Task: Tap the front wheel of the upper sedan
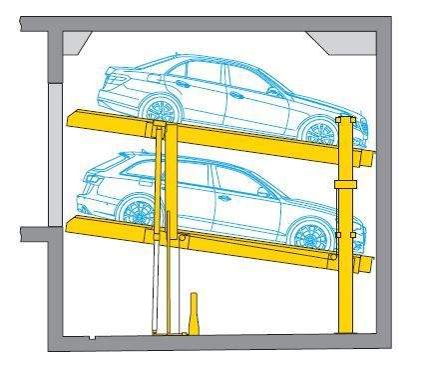pyautogui.click(x=318, y=132)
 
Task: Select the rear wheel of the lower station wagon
pyautogui.click(x=135, y=211)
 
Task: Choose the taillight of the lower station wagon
pyautogui.click(x=90, y=181)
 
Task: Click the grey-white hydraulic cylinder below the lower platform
pyautogui.click(x=155, y=290)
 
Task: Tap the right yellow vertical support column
pyautogui.click(x=345, y=290)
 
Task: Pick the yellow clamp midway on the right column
pyautogui.click(x=345, y=185)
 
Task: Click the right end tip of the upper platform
pyautogui.click(x=373, y=158)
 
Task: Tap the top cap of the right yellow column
pyautogui.click(x=345, y=119)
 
